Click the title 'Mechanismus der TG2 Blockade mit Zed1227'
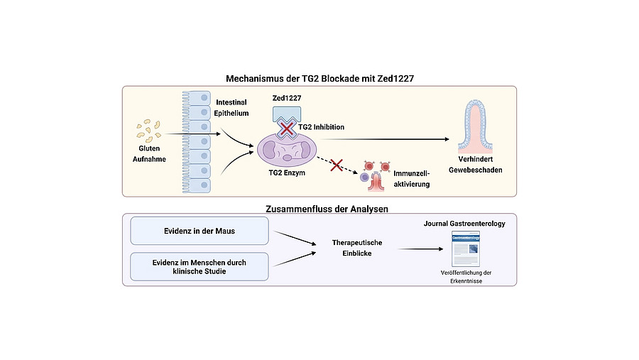click(x=319, y=78)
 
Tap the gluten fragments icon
click(x=149, y=131)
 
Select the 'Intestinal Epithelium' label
click(x=231, y=108)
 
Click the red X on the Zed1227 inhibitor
click(x=287, y=129)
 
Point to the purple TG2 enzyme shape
click(x=287, y=150)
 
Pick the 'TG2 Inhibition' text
click(x=321, y=127)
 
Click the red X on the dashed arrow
click(x=337, y=165)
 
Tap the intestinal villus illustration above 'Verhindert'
click(x=475, y=126)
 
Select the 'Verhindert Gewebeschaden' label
click(x=476, y=165)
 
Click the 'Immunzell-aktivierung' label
click(x=412, y=178)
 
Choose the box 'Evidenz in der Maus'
click(x=200, y=231)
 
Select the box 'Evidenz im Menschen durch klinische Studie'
click(x=200, y=267)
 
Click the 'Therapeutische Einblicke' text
click(x=357, y=248)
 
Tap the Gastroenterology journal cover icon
click(x=465, y=249)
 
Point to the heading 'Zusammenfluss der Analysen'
click(x=327, y=209)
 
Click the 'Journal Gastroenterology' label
click(x=464, y=224)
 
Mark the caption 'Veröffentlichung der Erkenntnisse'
click(x=466, y=277)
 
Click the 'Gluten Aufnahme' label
click(x=149, y=153)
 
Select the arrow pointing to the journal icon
click(x=420, y=249)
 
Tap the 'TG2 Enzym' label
click(x=287, y=173)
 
